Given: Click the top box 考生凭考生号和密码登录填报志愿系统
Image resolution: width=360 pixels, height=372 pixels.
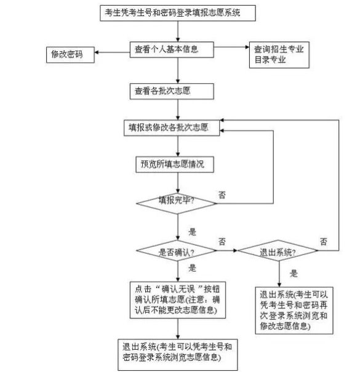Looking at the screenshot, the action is [178, 13].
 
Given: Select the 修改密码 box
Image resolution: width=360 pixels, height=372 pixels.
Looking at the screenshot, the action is [70, 55].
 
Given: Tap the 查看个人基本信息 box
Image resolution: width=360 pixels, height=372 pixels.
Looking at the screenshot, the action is [172, 50].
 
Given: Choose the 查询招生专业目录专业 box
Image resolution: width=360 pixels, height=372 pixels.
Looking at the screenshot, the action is [279, 55].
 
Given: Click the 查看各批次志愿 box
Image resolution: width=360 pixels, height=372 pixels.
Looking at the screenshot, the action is [172, 91].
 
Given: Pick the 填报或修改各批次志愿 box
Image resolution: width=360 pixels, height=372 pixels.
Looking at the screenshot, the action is [172, 128].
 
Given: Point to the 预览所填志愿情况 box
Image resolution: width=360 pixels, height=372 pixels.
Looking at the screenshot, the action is [175, 164].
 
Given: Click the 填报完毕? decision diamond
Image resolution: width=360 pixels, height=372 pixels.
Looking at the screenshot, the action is [177, 203].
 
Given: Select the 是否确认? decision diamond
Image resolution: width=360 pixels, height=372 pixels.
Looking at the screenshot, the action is [177, 251].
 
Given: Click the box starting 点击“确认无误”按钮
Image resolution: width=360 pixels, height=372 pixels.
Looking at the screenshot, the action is [178, 300].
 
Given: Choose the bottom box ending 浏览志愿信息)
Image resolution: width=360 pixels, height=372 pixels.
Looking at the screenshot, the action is [178, 355].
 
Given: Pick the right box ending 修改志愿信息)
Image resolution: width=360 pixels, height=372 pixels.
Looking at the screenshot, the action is [294, 310].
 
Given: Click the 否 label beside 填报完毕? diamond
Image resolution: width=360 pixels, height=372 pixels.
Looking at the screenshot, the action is [222, 195].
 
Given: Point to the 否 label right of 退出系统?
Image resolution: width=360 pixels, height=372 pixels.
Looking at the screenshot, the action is [324, 242].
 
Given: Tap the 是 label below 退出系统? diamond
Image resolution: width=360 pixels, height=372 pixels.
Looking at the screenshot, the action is [294, 273].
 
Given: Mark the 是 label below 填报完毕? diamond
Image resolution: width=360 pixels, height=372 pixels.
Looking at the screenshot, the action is [192, 232].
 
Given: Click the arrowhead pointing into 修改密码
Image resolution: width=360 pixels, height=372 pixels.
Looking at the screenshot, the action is [97, 52].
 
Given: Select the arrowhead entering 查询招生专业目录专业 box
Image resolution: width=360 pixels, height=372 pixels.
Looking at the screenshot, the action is [247, 47].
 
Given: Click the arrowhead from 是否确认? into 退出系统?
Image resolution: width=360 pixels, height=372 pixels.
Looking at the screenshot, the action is [235, 251].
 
